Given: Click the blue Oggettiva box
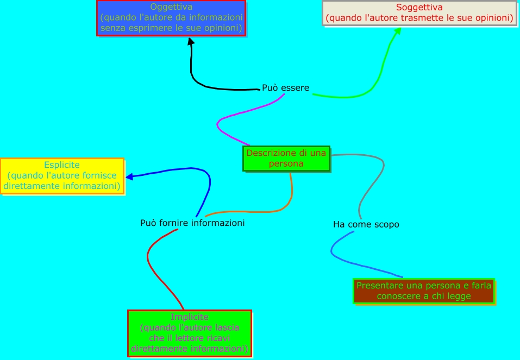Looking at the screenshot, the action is [171, 18].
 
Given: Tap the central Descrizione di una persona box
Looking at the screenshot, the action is [286, 158].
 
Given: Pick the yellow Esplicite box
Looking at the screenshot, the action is [62, 175].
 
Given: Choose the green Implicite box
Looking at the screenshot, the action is [190, 332].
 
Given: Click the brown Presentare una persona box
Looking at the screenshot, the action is [423, 291].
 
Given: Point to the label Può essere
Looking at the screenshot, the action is [285, 87].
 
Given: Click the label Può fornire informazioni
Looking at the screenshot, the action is [192, 223].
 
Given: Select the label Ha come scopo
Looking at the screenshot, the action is [366, 224].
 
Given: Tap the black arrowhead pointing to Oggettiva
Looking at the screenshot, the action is [191, 43].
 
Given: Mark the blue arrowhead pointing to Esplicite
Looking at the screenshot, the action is [129, 176].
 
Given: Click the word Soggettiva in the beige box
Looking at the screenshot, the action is [419, 8].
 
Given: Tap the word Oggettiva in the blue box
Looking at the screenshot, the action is [171, 7].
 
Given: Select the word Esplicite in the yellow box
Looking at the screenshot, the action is [62, 165].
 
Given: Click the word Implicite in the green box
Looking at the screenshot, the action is [190, 317].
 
